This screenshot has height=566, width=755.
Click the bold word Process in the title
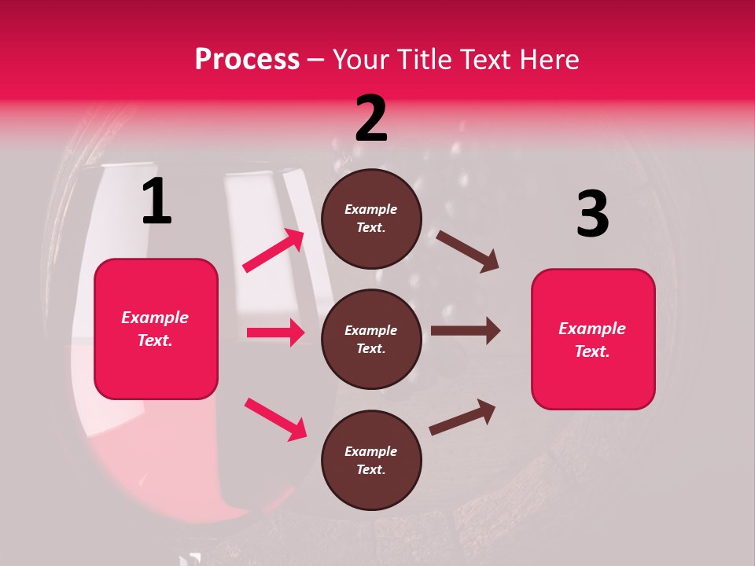247,59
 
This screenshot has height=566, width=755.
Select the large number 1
157,201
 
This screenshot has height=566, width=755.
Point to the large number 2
371,119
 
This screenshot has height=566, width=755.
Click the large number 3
592,214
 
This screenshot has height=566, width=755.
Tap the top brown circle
371,219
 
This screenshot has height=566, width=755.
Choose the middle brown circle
371,340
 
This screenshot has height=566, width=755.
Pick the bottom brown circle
371,461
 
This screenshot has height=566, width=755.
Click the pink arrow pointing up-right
274,251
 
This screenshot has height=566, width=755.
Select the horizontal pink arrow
275,333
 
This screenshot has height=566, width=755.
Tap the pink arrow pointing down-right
275,419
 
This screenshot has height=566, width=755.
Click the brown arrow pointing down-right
467,251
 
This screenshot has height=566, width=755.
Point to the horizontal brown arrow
465,331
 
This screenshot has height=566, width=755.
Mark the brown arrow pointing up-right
462,417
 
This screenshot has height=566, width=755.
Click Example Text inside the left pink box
155,329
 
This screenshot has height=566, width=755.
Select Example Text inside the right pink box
592,340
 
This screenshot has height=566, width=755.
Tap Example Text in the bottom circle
371,461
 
